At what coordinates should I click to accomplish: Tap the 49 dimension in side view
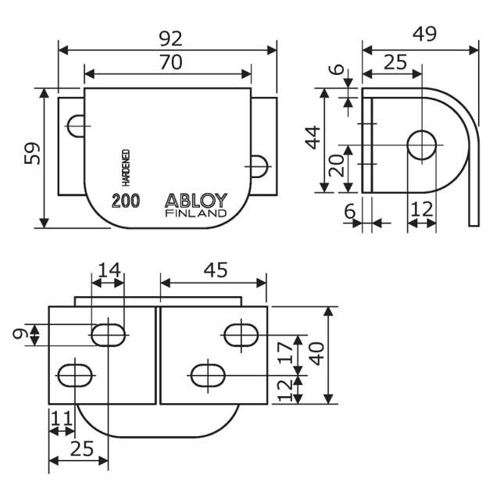pos(423,34)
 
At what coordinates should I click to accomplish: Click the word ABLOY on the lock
pos(195,199)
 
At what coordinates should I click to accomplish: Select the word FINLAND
pos(196,213)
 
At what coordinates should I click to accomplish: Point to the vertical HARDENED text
pos(124,166)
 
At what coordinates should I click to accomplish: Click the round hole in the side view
pos(422,145)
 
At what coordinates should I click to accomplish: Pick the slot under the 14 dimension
pos(109,335)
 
